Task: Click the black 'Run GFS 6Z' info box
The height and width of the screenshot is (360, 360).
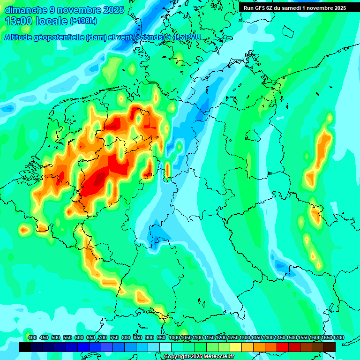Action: tap(294, 7)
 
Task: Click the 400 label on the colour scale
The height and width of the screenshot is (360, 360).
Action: tap(32, 337)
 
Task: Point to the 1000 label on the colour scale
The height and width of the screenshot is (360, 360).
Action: tap(174, 337)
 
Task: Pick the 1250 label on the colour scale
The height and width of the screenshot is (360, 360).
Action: tap(233, 337)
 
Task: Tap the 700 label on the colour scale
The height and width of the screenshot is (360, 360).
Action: tap(103, 337)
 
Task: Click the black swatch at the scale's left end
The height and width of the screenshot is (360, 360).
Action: tap(25, 347)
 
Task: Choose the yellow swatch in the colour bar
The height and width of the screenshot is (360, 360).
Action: tap(236, 347)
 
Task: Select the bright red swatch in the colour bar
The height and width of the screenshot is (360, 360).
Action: tap(283, 347)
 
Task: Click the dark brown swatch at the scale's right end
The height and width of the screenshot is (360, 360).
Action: tap(330, 347)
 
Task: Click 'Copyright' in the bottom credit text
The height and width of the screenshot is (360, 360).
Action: tap(177, 357)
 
